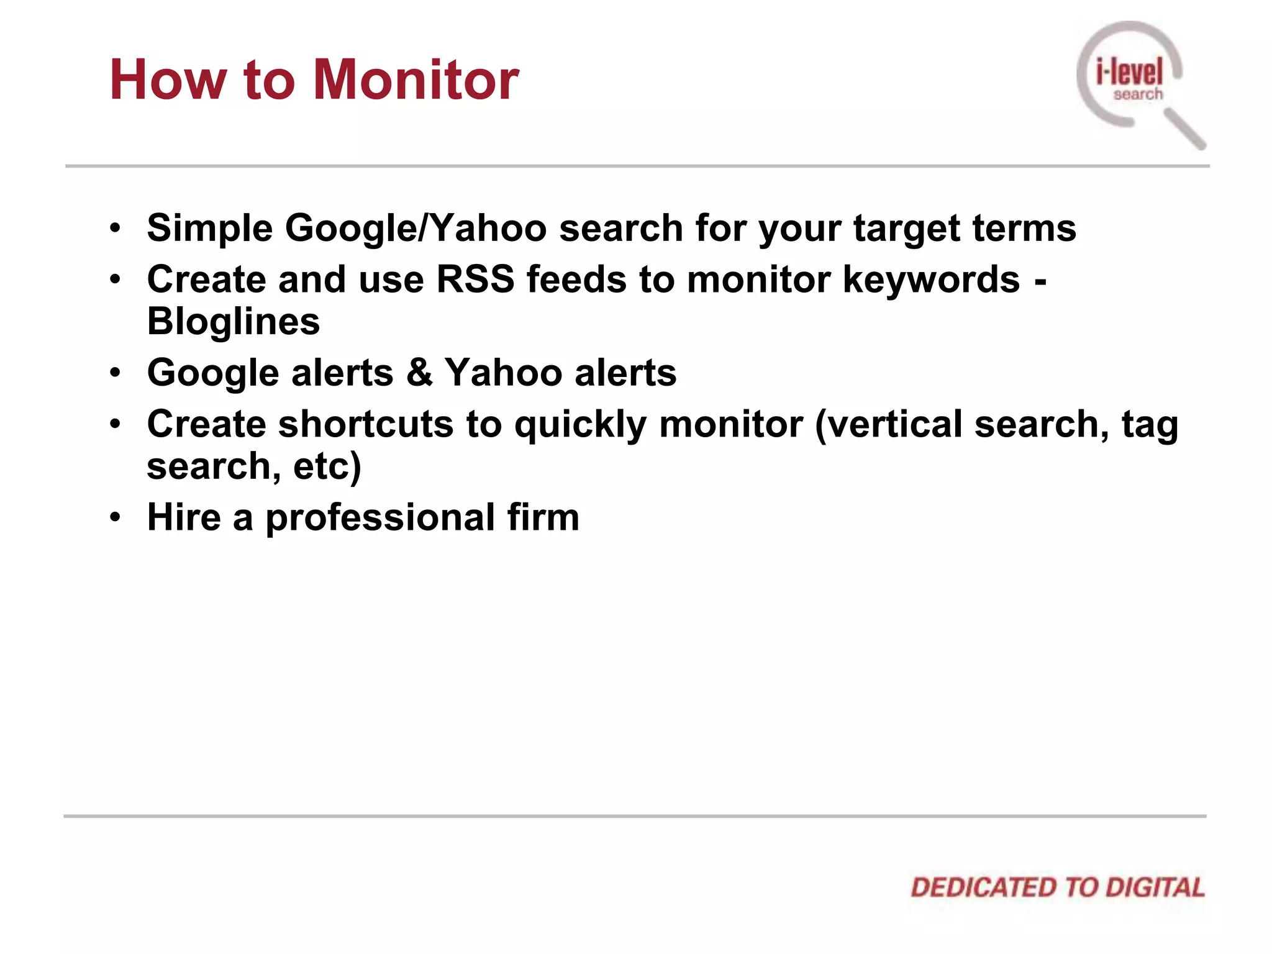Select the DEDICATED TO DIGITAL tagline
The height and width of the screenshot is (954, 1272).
[1057, 888]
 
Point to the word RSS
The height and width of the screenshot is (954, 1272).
[475, 279]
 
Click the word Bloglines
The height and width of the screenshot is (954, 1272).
[234, 322]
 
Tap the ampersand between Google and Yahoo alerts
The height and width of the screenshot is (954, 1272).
[420, 372]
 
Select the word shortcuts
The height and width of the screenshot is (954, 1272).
[366, 424]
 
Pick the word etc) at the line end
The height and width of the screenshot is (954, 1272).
[327, 466]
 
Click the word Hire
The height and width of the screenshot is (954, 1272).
[184, 517]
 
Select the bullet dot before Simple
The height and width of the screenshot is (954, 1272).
[115, 228]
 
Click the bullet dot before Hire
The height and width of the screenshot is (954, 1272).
[115, 517]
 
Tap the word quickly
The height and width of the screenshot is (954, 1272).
[581, 425]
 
